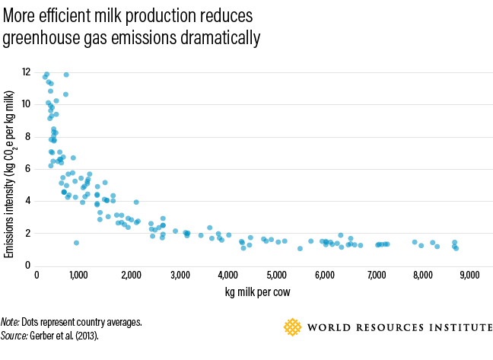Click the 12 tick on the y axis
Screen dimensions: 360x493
[x=26, y=72]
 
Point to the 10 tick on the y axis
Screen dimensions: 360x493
[x=26, y=104]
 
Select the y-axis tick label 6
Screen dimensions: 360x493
[x=27, y=169]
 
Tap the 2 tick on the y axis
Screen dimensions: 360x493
[x=27, y=233]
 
